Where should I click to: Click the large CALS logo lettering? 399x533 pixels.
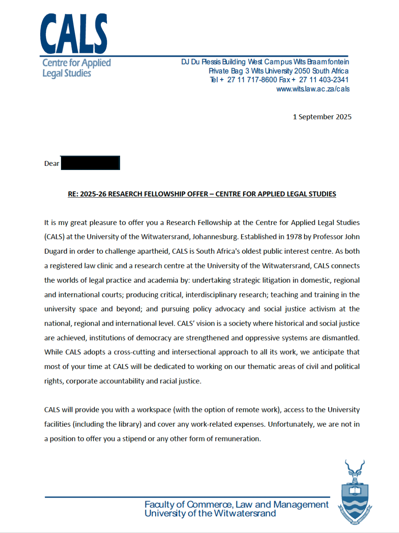(74, 34)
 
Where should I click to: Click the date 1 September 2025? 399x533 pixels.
(322, 117)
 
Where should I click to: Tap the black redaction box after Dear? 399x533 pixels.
(90, 163)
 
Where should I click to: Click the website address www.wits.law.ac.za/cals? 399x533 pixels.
(313, 89)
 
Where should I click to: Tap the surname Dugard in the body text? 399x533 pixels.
(56, 251)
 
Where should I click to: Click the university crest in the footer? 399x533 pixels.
(355, 492)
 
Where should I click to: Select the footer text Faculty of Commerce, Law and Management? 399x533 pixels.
(236, 504)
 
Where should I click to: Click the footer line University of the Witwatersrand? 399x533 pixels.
(210, 513)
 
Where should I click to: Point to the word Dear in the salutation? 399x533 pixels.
(52, 164)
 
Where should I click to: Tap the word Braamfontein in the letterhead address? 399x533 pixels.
(328, 62)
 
